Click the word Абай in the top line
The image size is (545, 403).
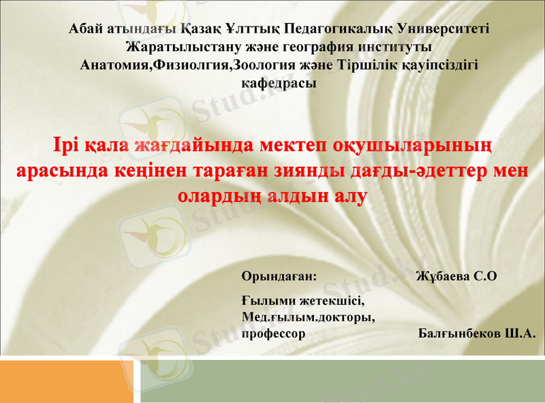coord(84,29)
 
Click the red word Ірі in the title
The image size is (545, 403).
coord(67,146)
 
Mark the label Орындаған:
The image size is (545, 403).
coord(279,276)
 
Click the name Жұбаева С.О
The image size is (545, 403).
coord(456,276)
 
